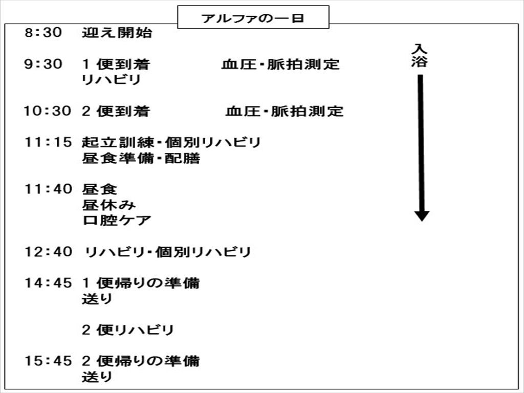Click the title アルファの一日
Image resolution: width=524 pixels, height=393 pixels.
tap(253, 18)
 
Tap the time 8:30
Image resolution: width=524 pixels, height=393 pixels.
tap(43, 32)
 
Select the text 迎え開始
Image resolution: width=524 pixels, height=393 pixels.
tap(117, 32)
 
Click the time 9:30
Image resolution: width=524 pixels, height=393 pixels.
tap(43, 64)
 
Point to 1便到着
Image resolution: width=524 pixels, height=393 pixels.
tap(116, 64)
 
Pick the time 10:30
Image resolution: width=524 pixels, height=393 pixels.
tap(47, 111)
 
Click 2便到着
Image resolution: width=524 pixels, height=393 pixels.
tap(116, 111)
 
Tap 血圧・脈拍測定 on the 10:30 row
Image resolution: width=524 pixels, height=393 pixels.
tap(285, 111)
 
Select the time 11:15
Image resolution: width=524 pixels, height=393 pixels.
tap(48, 142)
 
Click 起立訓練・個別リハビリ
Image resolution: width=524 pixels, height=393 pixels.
tap(171, 142)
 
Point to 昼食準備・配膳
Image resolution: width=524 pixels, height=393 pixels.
tap(141, 158)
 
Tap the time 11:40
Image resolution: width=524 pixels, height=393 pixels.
tap(48, 189)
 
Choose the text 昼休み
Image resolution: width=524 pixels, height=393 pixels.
tap(109, 205)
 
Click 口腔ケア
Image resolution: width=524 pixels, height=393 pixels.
tap(117, 221)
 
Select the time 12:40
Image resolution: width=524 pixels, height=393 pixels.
tap(48, 252)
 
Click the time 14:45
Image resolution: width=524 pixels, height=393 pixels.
tap(48, 283)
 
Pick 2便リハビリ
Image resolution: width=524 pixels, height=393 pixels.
tap(128, 330)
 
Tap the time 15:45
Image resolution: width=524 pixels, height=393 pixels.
tap(48, 361)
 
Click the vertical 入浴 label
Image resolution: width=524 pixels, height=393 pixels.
tap(420, 55)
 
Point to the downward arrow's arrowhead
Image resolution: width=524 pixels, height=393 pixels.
tap(422, 216)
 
